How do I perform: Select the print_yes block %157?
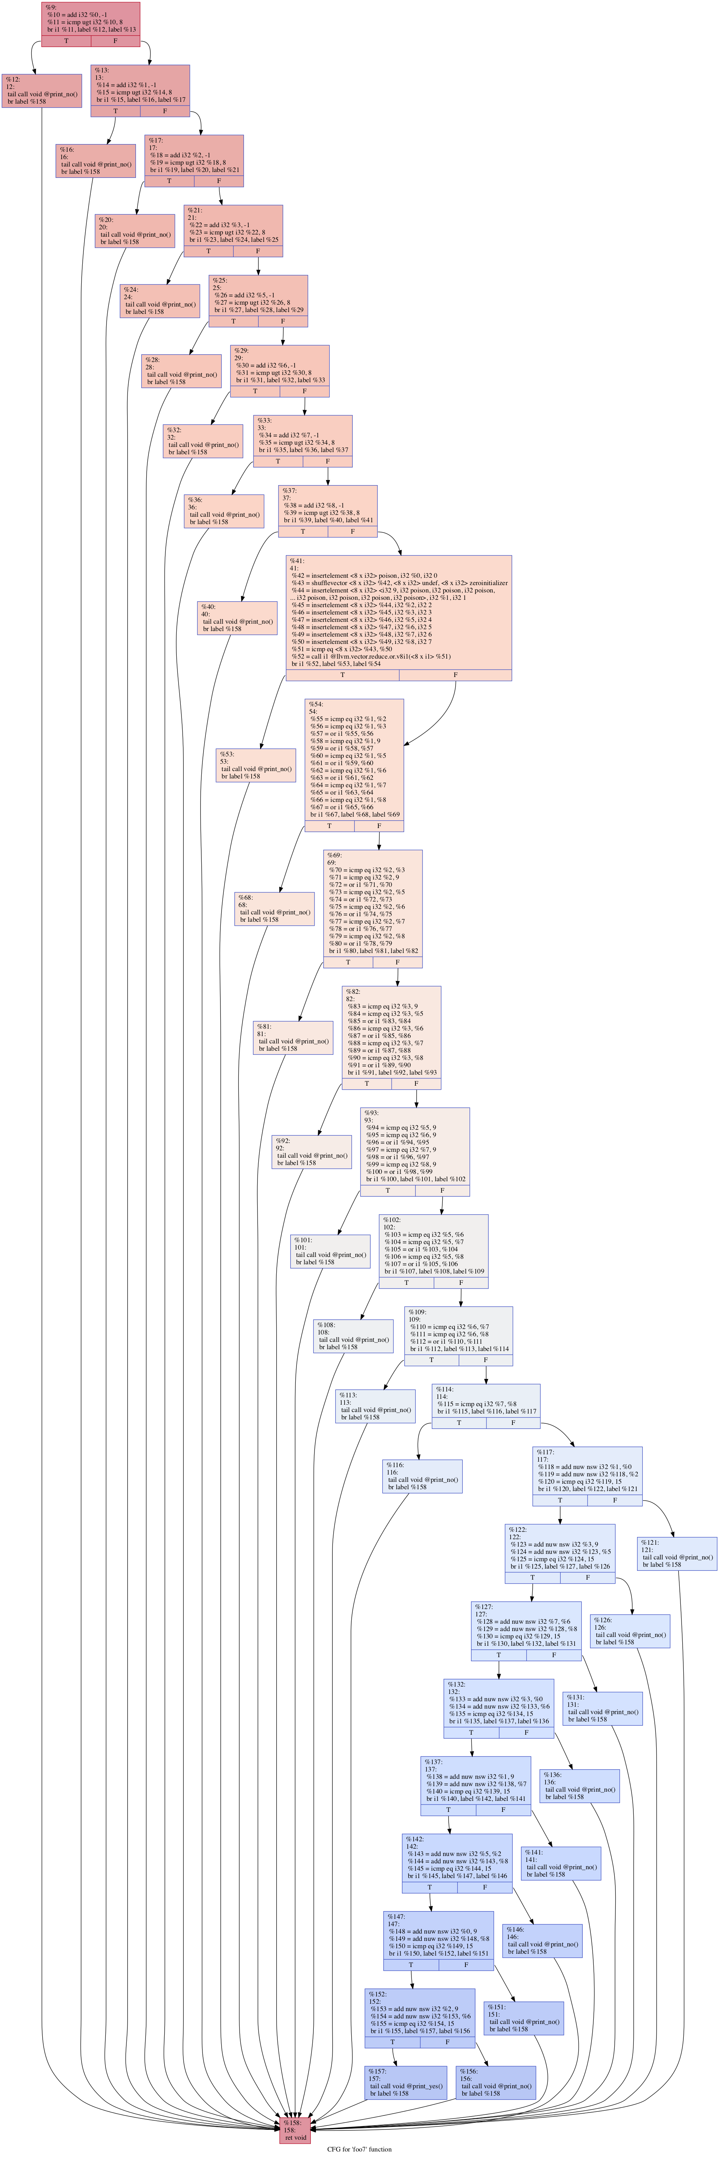[x=405, y=2082]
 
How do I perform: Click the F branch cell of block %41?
[x=455, y=675]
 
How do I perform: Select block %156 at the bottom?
[x=496, y=2082]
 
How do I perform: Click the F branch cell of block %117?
[x=614, y=1501]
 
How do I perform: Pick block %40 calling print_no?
[x=237, y=618]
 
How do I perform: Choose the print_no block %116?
[x=422, y=1476]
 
